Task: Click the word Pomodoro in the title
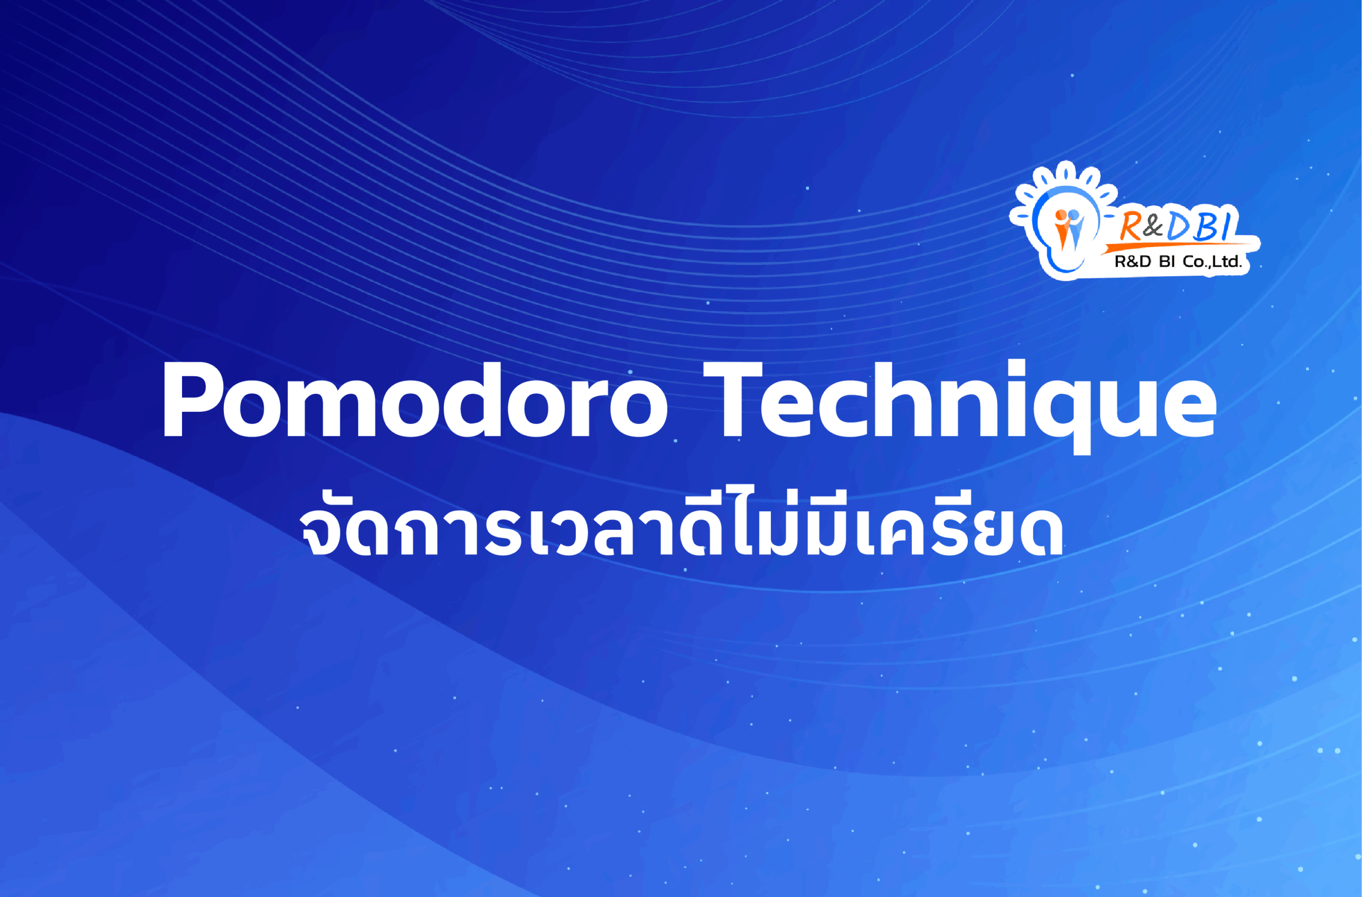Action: click(415, 400)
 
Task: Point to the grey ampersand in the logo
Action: click(1155, 226)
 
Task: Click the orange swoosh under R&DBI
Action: click(1179, 246)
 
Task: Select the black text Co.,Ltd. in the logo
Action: click(1212, 262)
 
